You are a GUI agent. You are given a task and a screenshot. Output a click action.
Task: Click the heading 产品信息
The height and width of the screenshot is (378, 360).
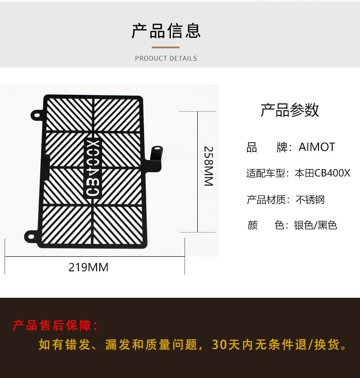point(166,31)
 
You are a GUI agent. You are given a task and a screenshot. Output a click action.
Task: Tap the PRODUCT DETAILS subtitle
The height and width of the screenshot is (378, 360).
point(166,58)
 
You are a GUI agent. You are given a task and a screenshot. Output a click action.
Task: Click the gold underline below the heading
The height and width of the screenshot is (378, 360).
point(166,47)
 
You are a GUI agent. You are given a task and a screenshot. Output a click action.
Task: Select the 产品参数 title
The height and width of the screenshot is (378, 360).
point(289,110)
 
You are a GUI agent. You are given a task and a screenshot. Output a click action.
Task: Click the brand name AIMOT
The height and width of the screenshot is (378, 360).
point(317,147)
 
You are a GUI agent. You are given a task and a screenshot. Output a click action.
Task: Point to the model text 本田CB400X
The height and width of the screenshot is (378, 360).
point(323,174)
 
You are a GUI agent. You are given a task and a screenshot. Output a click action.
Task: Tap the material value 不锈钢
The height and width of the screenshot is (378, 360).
point(310,200)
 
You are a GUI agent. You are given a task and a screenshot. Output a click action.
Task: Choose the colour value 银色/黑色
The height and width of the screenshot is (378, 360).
point(315,225)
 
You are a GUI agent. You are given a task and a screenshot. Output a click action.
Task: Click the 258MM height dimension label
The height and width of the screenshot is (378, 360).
point(208,166)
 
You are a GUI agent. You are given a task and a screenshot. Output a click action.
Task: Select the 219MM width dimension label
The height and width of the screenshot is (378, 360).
point(88,267)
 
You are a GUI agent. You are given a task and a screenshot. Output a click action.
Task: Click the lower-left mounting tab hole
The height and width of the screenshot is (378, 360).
point(30,236)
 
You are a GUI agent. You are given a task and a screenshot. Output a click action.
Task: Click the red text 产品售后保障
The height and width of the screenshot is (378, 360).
point(55,326)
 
